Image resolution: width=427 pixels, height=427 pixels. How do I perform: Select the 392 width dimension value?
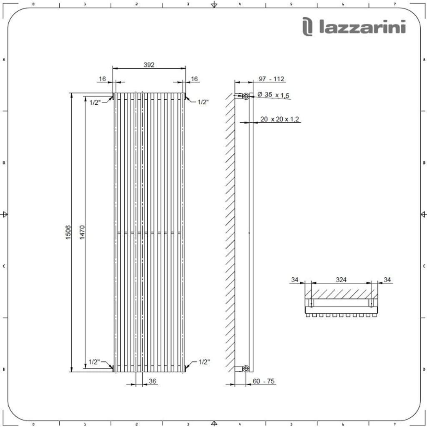149,65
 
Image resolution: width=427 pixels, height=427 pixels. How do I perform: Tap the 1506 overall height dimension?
68,232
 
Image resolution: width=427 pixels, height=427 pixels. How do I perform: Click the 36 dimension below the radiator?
152,381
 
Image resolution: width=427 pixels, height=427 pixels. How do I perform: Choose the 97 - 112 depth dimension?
271,79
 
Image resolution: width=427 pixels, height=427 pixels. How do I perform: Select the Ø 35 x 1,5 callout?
274,95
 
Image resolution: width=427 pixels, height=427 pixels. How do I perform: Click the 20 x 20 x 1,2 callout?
280,119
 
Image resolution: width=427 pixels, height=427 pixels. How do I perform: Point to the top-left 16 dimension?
102,79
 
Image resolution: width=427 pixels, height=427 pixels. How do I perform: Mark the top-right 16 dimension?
195,79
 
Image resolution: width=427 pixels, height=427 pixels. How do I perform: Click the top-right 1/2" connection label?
203,102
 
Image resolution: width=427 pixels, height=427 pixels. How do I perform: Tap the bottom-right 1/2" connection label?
204,362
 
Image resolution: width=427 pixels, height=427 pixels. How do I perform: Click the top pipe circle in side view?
246,96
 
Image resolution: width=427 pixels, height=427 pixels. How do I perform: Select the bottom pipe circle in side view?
246,368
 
